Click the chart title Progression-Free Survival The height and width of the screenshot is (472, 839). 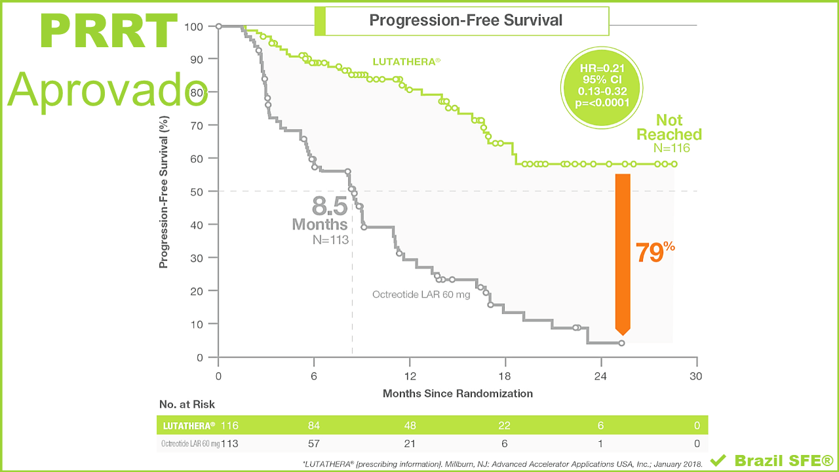(x=465, y=20)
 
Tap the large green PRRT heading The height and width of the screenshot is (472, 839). (x=109, y=31)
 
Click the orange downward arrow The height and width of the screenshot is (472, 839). (x=622, y=253)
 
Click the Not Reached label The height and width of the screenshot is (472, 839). (x=669, y=127)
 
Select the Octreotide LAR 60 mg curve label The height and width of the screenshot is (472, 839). (x=421, y=294)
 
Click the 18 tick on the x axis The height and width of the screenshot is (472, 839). (x=505, y=376)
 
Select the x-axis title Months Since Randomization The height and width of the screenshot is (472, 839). (x=458, y=393)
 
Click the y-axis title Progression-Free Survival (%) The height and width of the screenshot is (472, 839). (x=165, y=191)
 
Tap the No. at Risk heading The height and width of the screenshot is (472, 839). (x=187, y=404)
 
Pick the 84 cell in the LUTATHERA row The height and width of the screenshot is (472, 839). (x=314, y=425)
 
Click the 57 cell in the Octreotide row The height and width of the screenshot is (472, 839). (x=314, y=443)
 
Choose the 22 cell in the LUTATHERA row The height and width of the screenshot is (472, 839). (x=505, y=425)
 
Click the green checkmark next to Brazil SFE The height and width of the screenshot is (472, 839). (x=718, y=460)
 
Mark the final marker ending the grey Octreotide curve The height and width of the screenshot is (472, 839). (x=621, y=343)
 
